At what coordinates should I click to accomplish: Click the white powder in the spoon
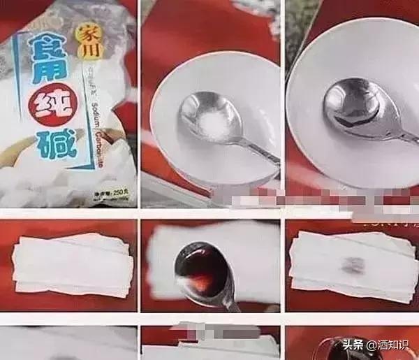(208, 127)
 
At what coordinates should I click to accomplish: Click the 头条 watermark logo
(358, 346)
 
